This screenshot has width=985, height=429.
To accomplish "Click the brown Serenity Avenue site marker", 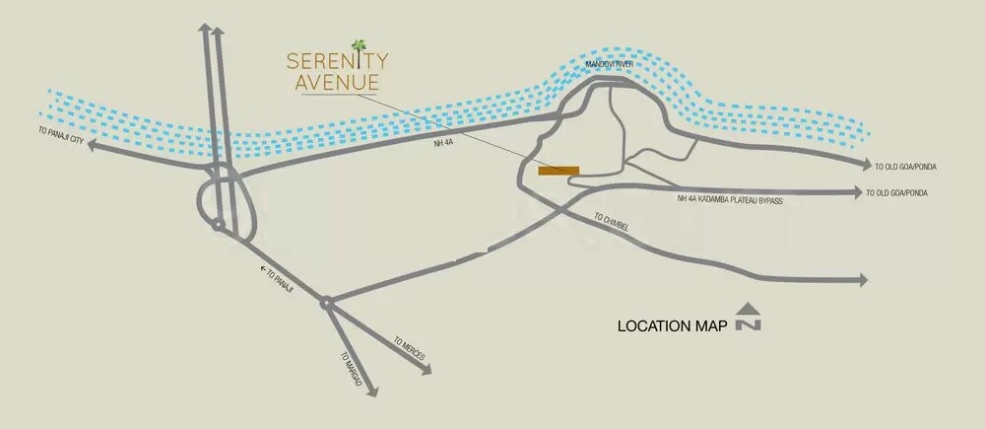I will [558, 171].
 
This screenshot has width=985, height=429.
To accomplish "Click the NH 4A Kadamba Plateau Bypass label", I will [729, 199].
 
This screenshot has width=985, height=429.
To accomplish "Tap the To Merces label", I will [409, 346].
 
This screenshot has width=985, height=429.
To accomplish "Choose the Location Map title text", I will [672, 325].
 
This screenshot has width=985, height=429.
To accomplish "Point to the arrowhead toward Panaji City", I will [93, 146].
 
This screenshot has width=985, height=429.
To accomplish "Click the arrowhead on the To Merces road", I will [427, 370].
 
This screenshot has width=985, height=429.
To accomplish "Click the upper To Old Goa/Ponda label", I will [901, 166].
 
